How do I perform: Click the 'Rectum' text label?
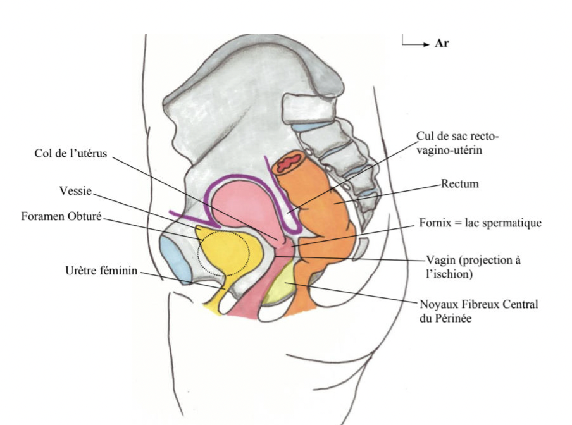click(461, 184)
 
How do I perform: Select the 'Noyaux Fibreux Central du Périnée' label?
click(479, 312)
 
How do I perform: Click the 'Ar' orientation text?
click(442, 44)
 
